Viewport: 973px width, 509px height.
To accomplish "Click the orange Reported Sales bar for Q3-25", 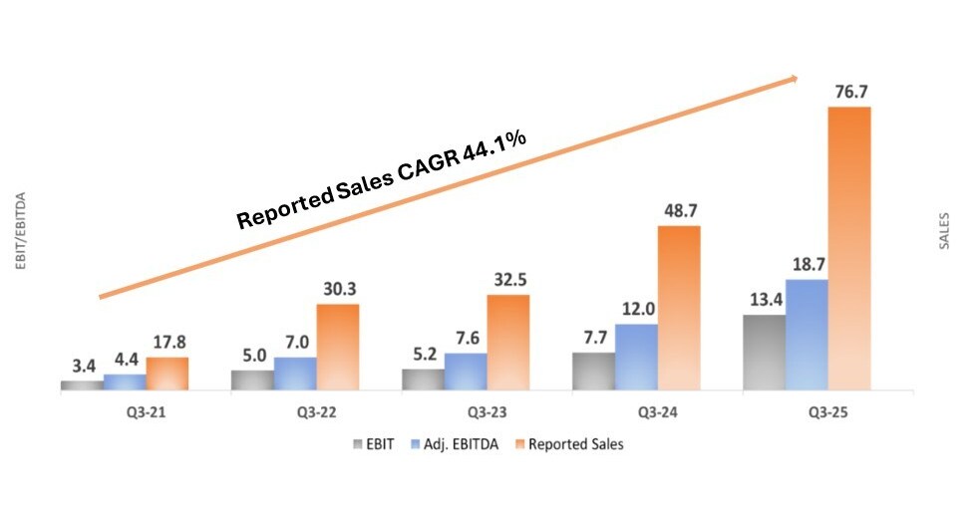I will click(849, 248).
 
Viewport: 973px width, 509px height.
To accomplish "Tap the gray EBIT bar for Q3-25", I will click(764, 353).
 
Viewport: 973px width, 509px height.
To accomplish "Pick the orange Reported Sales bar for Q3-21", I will click(166, 374).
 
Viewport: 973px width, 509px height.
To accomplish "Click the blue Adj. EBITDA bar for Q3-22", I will click(295, 374).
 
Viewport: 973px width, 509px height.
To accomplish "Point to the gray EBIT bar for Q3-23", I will click(423, 380).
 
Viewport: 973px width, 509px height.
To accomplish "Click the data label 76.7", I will click(849, 92).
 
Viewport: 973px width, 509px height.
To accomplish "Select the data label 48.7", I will click(679, 211).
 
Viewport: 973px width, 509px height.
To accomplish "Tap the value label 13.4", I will click(764, 300).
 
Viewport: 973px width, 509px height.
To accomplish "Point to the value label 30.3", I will click(338, 289).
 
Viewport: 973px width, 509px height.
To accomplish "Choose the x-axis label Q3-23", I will click(466, 411).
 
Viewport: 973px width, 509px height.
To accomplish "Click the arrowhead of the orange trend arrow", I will click(794, 78).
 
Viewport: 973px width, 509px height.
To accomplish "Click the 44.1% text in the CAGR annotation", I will click(494, 149).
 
